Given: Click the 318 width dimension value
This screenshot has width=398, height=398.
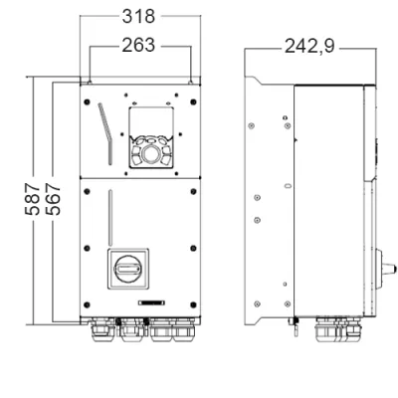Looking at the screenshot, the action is point(138,16).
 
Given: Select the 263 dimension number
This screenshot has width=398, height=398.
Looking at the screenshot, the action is point(138,45).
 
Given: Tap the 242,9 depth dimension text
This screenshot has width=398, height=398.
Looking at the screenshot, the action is point(309,46).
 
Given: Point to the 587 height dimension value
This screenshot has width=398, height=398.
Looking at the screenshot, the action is point(33,199).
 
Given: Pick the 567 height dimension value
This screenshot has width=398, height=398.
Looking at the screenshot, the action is point(53,199).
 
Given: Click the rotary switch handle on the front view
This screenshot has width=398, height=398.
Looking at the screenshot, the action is point(128,269).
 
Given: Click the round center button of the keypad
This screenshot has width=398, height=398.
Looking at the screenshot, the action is point(151,153).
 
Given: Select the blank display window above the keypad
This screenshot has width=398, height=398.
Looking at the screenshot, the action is point(151,121).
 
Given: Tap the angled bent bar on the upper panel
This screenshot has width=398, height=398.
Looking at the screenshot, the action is point(105,133).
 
